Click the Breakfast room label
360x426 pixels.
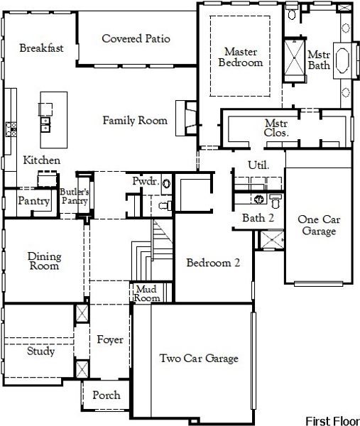pyautogui.click(x=42, y=48)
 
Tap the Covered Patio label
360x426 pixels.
pyautogui.click(x=136, y=38)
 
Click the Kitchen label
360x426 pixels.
pyautogui.click(x=41, y=160)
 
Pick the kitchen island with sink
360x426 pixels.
pyautogui.click(x=46, y=116)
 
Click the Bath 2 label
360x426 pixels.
pyautogui.click(x=258, y=218)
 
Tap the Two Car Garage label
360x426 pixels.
pyautogui.click(x=198, y=358)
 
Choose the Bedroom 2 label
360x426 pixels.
pyautogui.click(x=213, y=263)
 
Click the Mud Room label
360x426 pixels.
pyautogui.click(x=148, y=294)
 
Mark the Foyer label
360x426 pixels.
pyautogui.click(x=110, y=340)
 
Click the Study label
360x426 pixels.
pyautogui.click(x=41, y=351)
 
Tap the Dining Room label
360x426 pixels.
pyautogui.click(x=43, y=261)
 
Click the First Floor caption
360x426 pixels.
pyautogui.click(x=332, y=420)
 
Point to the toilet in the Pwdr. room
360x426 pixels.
pyautogui.click(x=163, y=206)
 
